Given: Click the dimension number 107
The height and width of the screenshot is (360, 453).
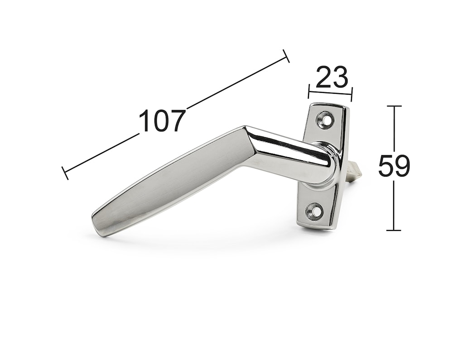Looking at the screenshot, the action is [x=162, y=120].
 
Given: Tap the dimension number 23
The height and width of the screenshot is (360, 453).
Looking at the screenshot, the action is [x=332, y=77].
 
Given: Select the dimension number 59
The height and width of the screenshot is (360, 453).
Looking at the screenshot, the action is [x=394, y=166].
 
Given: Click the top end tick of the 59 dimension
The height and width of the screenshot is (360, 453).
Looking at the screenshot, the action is [x=394, y=106].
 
